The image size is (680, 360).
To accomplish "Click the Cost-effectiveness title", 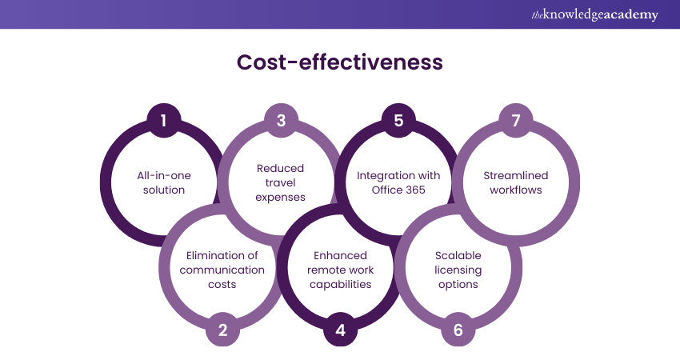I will click(339, 62).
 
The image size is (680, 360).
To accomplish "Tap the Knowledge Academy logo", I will click(594, 14).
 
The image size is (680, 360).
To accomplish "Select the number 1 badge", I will click(163, 121).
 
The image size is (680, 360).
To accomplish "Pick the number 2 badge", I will click(222, 330).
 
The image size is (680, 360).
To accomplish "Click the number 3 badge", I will click(281, 121).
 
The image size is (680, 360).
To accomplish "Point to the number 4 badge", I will click(340, 330).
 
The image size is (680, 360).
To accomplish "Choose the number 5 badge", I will click(398, 121).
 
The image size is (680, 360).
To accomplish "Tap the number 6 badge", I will click(458, 330).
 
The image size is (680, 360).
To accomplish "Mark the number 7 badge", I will click(516, 121).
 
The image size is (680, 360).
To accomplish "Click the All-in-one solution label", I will click(163, 182).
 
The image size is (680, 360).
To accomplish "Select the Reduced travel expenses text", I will click(281, 182).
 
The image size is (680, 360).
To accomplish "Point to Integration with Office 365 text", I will click(398, 182).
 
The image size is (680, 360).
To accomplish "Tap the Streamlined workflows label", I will click(516, 182).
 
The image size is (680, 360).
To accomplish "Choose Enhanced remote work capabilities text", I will click(340, 270).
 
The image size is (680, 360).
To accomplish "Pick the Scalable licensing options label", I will click(458, 270).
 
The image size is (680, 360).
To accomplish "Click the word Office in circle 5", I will click(387, 190).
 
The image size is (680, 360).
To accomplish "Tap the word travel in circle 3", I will click(281, 182).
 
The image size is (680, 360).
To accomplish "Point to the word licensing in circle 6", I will click(458, 270).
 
